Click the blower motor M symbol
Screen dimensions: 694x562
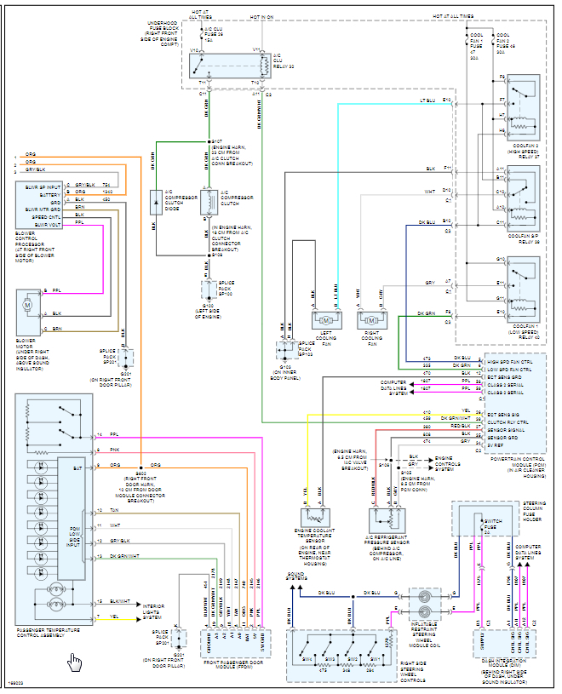[x=26, y=304]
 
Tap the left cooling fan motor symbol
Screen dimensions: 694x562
[x=326, y=319]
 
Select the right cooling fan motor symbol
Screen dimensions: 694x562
[x=371, y=319]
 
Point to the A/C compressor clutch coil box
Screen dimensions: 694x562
[x=204, y=203]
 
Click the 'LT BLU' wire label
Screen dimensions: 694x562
[x=428, y=100]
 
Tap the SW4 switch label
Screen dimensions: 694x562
[x=307, y=659]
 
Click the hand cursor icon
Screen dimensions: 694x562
[x=75, y=662]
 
